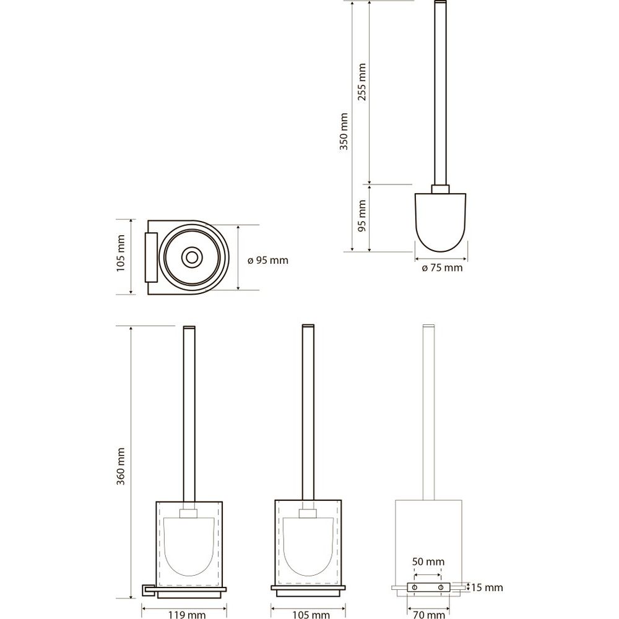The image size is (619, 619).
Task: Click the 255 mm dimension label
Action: [x=362, y=82]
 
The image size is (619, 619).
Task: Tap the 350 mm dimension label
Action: [x=344, y=131]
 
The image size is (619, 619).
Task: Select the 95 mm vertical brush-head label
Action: [x=362, y=215]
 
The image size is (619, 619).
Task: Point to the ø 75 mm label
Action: [x=442, y=268]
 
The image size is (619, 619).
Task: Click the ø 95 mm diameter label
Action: [x=268, y=261]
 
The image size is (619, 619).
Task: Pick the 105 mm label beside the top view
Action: [x=121, y=253]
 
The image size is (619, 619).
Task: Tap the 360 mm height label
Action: [x=121, y=466]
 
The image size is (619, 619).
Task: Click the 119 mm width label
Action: [x=187, y=614]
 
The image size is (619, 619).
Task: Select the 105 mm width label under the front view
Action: [x=311, y=614]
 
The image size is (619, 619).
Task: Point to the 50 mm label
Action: [x=428, y=561]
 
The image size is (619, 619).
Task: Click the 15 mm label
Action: [x=487, y=588]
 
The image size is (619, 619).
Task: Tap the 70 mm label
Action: [x=429, y=614]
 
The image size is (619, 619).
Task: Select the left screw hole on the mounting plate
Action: [x=415, y=587]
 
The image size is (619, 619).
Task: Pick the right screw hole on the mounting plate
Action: [x=441, y=587]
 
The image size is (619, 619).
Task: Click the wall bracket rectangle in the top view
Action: [x=151, y=258]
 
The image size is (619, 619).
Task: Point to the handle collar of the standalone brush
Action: [x=440, y=189]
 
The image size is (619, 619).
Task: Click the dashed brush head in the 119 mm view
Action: [x=189, y=546]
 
